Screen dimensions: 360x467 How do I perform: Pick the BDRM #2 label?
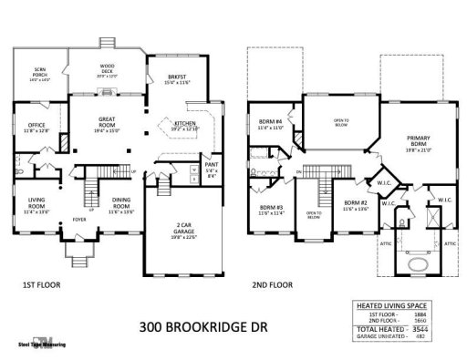tap(354, 206)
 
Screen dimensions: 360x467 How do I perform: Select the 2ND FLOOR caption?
tap(273, 285)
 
